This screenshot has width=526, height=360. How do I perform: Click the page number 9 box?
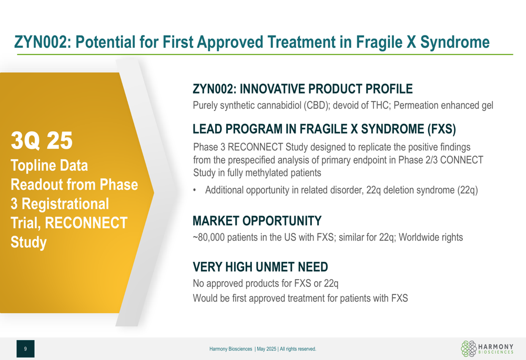25,349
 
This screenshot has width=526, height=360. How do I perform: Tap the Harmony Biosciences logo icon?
469,348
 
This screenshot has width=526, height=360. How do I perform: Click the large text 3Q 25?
42,140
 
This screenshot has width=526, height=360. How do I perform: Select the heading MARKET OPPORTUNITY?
257,221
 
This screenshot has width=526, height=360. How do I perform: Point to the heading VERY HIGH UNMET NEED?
260,267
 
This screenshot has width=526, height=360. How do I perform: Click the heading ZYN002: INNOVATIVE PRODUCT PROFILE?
302,89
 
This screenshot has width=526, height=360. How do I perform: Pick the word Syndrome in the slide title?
455,43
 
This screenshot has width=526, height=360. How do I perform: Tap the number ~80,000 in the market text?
209,238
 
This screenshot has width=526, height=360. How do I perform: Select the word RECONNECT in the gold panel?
86,223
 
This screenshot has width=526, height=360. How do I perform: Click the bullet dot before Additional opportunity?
195,190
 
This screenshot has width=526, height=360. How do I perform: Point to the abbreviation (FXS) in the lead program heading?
441,129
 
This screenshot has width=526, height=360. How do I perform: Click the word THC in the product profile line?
380,105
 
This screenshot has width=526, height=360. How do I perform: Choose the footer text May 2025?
266,349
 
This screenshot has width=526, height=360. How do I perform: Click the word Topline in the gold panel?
33,166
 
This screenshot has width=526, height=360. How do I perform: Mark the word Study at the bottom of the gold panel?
28,242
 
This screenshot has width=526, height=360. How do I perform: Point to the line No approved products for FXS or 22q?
266,284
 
